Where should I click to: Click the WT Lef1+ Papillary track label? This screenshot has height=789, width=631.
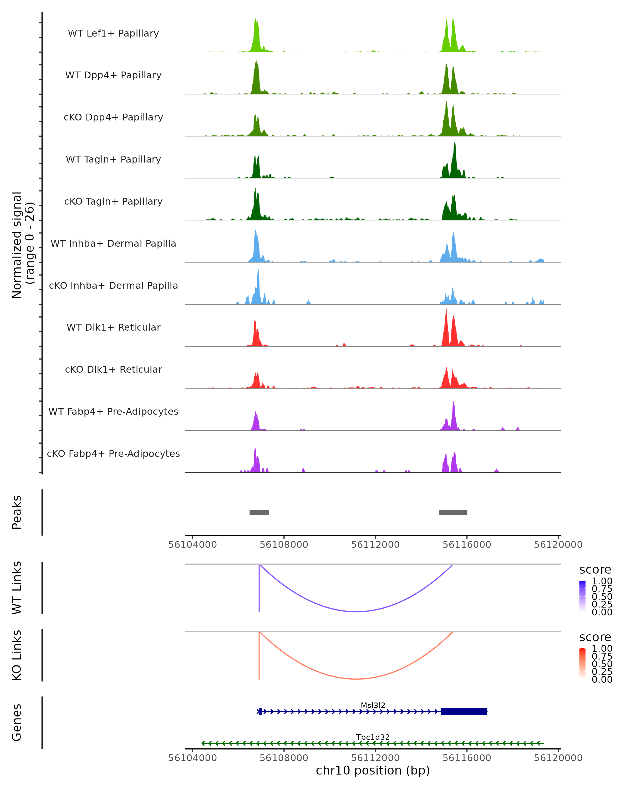point(113,33)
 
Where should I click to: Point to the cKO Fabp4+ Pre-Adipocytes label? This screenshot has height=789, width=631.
point(113,453)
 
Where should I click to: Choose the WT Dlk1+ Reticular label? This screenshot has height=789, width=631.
point(113,327)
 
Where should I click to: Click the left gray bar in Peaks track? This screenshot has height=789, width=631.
point(259,512)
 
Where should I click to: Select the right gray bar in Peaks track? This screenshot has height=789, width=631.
point(453,512)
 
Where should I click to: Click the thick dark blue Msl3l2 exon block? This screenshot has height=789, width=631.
point(464,711)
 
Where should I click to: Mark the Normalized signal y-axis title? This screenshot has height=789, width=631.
point(23,245)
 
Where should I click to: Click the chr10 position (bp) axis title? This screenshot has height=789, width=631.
point(373,770)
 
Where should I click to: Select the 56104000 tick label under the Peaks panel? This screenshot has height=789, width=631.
point(192,545)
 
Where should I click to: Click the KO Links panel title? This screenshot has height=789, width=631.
point(17,655)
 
